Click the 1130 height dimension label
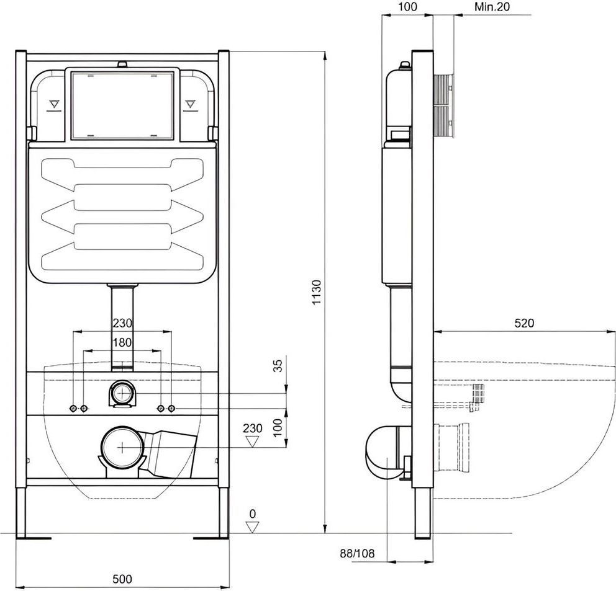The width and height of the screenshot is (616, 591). click(317, 292)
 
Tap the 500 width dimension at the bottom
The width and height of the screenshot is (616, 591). click(122, 579)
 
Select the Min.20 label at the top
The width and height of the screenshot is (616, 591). click(492, 7)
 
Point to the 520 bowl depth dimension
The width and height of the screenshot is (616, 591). click(525, 323)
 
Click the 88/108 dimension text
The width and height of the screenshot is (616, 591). click(357, 553)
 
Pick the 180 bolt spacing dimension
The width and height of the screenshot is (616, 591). click(122, 342)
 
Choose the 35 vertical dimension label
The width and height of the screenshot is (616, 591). click(278, 366)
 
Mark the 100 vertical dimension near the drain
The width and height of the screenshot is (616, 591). click(278, 428)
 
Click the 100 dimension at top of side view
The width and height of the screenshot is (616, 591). click(408, 7)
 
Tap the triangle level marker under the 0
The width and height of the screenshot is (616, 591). click(252, 527)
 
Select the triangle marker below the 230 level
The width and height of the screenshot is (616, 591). click(252, 442)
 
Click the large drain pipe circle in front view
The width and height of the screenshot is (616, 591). click(122, 447)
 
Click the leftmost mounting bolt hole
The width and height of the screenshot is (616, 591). click(73, 409)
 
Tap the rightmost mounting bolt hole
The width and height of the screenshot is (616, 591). click(171, 409)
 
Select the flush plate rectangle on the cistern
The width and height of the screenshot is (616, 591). click(122, 105)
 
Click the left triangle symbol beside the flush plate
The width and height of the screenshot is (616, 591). click(54, 104)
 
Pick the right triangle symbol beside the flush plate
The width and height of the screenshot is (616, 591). click(190, 104)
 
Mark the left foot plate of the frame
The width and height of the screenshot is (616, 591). click(34, 538)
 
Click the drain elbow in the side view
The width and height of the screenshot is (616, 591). click(387, 452)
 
